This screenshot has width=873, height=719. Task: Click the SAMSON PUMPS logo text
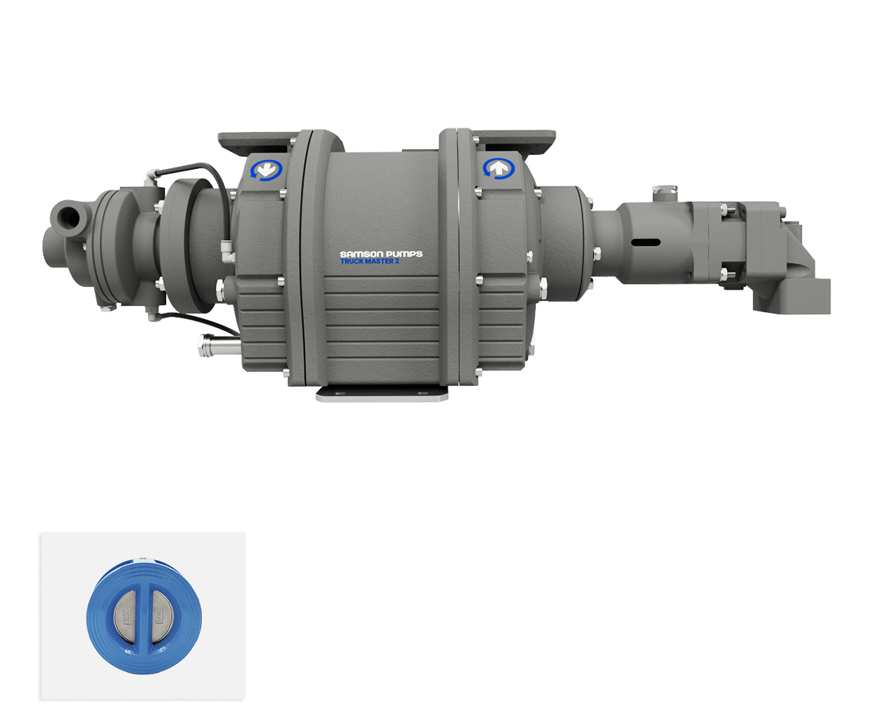pyautogui.click(x=381, y=253)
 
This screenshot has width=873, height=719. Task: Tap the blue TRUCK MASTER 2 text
pyautogui.click(x=369, y=261)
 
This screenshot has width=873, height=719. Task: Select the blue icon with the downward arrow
pyautogui.click(x=266, y=170)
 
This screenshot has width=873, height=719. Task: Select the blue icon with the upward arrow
pyautogui.click(x=498, y=168)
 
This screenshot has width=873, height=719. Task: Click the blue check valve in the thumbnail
pyautogui.click(x=144, y=616)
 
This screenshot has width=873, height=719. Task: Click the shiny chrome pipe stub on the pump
pyautogui.click(x=220, y=346)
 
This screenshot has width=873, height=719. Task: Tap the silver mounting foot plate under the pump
pyautogui.click(x=382, y=394)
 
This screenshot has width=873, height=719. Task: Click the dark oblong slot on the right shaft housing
pyautogui.click(x=646, y=242)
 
